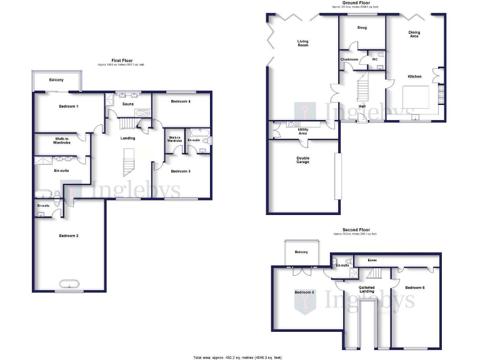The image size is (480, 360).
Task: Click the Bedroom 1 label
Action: [69, 106]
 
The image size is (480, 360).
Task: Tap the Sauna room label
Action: [127, 106]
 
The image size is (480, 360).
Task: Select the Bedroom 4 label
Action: [181, 101]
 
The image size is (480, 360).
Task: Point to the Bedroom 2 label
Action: [69, 236]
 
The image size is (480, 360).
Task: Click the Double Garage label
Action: [302, 160]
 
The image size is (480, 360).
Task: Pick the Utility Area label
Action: [302, 131]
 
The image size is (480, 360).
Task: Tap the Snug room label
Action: [362, 28]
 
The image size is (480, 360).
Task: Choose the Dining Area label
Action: [414, 34]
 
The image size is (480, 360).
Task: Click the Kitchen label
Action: [414, 76]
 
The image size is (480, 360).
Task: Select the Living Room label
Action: [303, 44]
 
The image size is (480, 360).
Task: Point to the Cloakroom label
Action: [349, 59]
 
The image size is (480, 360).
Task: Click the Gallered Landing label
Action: [366, 289]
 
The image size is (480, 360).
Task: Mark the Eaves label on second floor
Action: [372, 259]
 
